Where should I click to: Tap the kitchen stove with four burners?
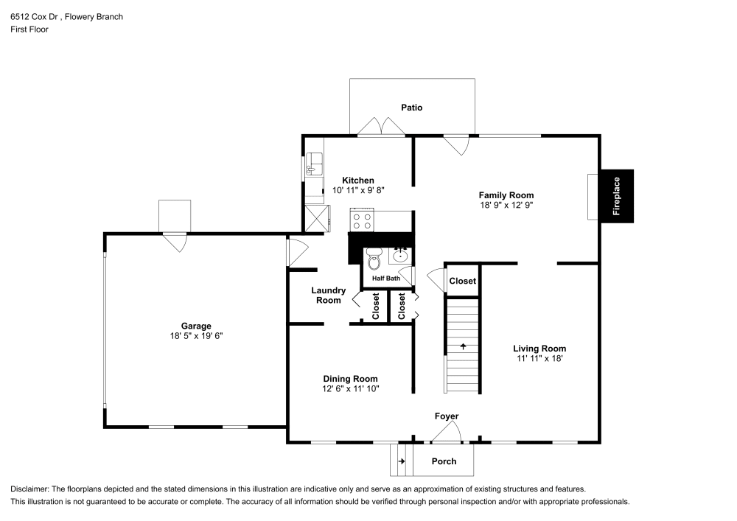[x=362, y=220]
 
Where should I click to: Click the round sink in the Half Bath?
[x=400, y=256]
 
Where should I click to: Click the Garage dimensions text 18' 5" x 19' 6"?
[x=196, y=336]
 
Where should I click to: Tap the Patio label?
[x=412, y=108]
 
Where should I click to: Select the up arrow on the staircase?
[x=464, y=346]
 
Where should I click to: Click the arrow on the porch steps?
[x=402, y=461]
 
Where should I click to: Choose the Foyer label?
[x=447, y=416]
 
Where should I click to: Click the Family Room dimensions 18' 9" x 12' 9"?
[x=506, y=206]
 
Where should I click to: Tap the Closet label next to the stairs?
[x=463, y=281]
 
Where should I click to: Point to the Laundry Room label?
[x=328, y=296]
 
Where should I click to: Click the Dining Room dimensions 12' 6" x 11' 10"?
[x=350, y=388]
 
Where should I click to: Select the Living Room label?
[x=539, y=349]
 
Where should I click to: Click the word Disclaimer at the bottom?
[x=31, y=489]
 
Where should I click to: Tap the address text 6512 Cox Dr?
[x=36, y=16]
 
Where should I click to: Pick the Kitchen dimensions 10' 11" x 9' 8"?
[x=357, y=190]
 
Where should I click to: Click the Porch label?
[x=443, y=461]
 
